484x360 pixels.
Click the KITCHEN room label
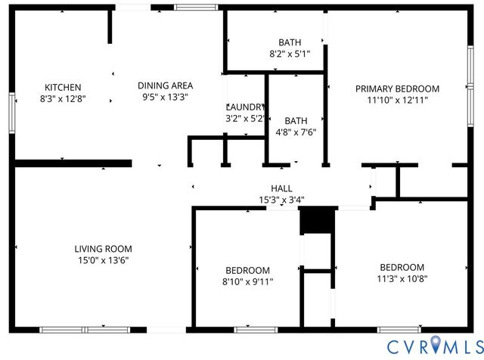[x=63, y=87]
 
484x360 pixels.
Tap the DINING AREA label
[x=165, y=85]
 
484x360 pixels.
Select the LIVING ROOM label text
[x=103, y=249]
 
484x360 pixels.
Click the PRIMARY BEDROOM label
[x=397, y=88]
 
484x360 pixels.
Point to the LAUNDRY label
[x=245, y=107]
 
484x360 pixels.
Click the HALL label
[x=281, y=188]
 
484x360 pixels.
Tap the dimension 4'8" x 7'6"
[x=296, y=132]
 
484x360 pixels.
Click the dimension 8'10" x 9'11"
[x=248, y=281]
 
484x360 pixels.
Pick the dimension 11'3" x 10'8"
[x=402, y=278]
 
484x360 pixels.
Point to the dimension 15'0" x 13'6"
[x=103, y=260]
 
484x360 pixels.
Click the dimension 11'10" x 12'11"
[x=397, y=100]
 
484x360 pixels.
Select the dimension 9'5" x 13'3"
[x=165, y=97]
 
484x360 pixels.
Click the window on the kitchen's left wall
[x=11, y=113]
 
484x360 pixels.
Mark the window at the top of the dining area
[x=196, y=8]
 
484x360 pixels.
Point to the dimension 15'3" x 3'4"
[x=281, y=200]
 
